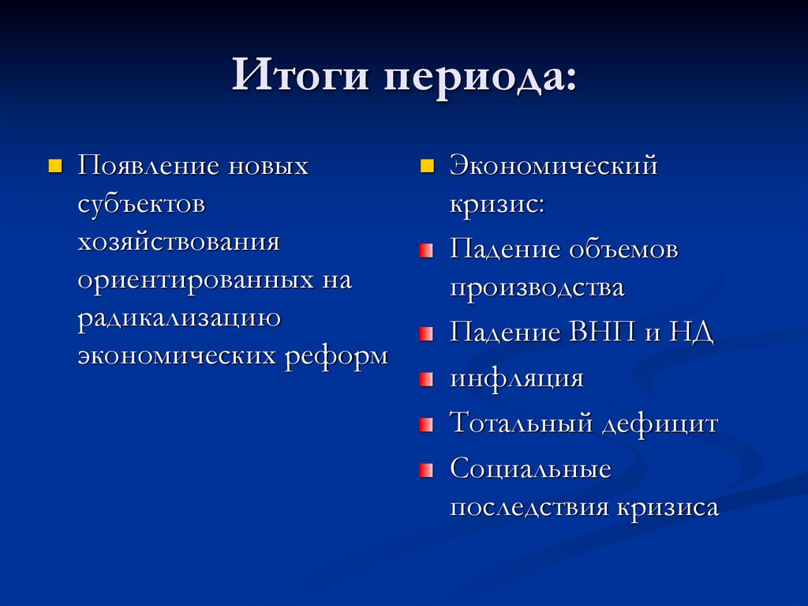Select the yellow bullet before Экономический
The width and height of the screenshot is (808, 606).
coord(427,167)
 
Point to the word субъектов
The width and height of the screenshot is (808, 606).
coord(141,204)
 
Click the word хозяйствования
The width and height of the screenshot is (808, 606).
coord(178,241)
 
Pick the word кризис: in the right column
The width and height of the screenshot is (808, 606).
coord(497,204)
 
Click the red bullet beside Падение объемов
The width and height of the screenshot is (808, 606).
coord(427,250)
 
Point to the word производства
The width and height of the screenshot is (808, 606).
coord(537,288)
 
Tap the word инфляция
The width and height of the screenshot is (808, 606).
coord(517,378)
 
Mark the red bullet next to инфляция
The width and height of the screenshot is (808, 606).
coord(427,379)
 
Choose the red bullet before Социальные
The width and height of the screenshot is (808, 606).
coord(427,471)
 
